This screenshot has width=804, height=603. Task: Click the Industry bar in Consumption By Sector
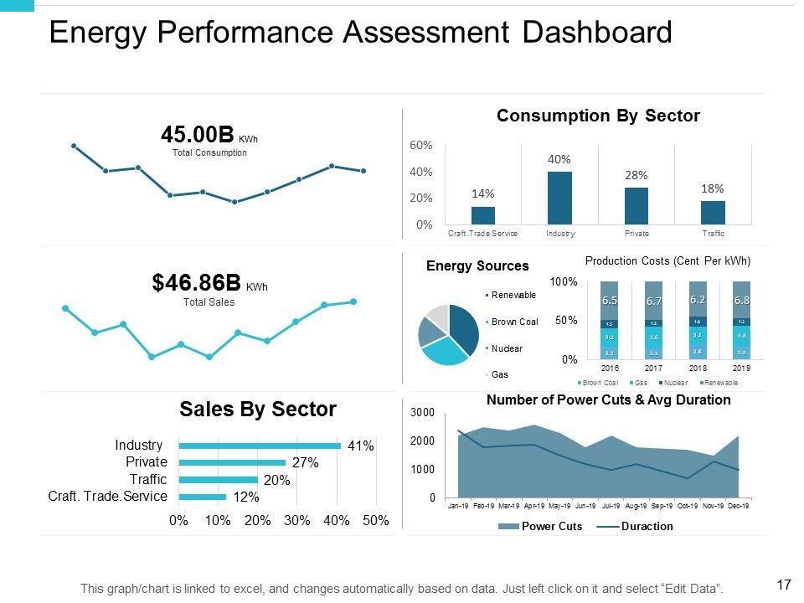point(559,198)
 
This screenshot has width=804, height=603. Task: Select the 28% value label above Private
point(636,175)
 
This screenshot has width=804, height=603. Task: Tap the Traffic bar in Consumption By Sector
point(713,213)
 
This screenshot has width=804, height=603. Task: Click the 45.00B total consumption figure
point(198,135)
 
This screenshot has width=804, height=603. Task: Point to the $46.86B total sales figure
point(197,283)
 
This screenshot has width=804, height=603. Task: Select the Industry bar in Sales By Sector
point(260,446)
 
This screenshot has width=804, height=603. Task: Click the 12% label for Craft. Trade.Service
point(246,497)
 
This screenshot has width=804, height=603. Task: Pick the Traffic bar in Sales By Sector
point(218,480)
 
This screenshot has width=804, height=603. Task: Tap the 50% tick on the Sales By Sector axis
point(376,521)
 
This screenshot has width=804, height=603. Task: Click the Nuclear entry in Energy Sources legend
point(507,348)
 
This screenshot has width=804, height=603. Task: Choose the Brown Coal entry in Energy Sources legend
point(514,322)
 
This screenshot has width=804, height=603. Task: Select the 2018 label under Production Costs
point(698,368)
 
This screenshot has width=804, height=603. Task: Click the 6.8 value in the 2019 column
point(741,300)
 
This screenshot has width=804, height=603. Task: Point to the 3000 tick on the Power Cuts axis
point(422,413)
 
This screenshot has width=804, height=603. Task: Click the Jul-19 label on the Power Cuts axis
point(611,507)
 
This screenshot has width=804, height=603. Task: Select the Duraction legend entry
point(647,527)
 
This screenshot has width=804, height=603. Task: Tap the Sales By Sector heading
point(258,410)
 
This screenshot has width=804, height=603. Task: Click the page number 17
point(785,585)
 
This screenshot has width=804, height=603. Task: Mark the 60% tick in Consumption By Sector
point(420,145)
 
